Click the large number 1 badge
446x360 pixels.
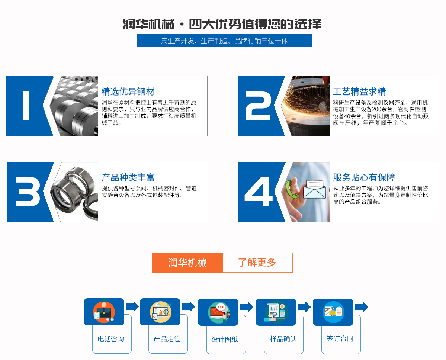pos(26,106)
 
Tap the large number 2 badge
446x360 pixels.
pos(258,106)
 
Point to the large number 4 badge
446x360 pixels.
pos(258,192)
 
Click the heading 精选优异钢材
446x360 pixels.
pos(128,91)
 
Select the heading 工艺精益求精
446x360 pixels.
pos(359,91)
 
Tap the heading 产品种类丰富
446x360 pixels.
pos(128,177)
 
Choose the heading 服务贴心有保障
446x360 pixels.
pos(364,177)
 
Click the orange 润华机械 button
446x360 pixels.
pos(187,263)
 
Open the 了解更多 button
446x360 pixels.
pos(257,263)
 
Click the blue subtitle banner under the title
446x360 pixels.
pos(224,41)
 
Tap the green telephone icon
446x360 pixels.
pos(292,189)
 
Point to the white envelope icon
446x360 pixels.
pos(314,189)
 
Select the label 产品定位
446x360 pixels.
pos(167,339)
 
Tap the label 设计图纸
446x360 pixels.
pos(225,339)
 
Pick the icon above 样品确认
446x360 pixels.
pos(276,312)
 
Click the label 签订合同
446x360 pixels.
pos(340,339)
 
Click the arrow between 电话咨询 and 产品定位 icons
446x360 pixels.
pos(132,306)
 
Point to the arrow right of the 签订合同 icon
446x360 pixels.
pos(362,307)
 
